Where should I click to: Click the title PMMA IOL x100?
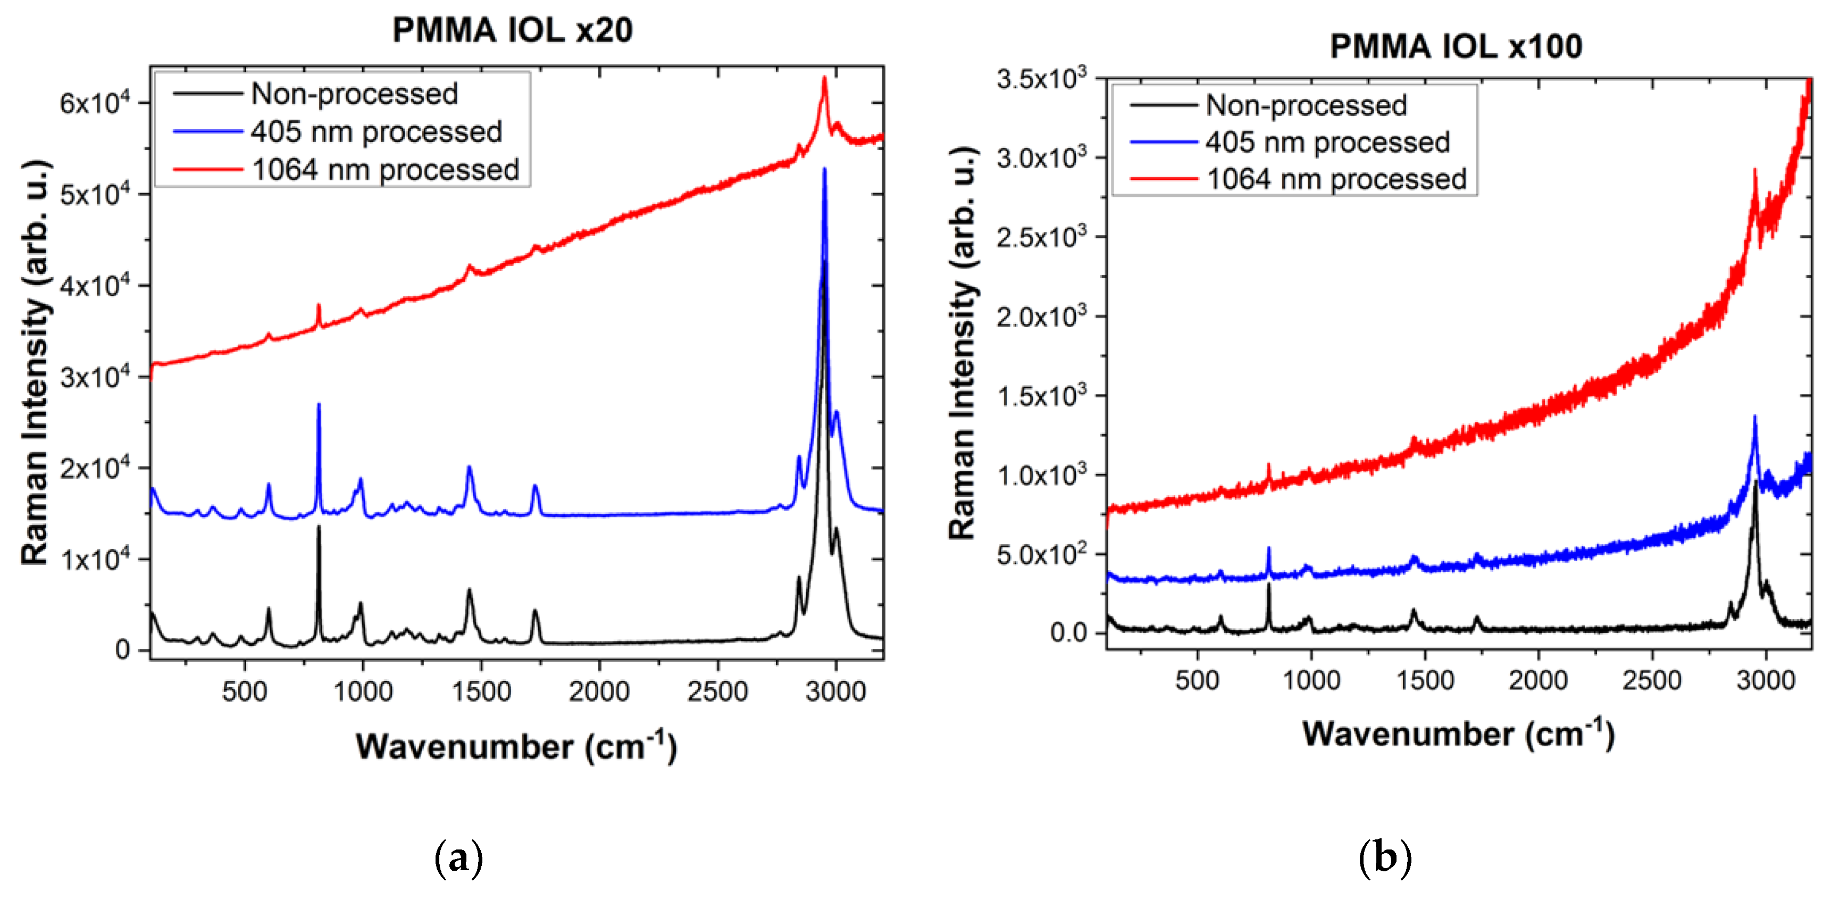coord(1456,47)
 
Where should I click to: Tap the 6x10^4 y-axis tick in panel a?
coord(95,103)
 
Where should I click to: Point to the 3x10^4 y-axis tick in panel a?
coord(95,377)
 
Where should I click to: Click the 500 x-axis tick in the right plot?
coord(1197,680)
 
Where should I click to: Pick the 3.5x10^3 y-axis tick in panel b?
coord(1041,78)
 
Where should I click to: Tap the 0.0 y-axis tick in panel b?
coord(1068,632)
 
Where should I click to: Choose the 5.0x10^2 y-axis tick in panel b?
coord(1041,554)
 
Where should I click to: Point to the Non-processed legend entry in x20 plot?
coord(354,94)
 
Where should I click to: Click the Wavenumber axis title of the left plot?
coord(516,746)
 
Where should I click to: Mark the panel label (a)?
coord(458,858)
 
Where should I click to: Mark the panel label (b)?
coord(1385,858)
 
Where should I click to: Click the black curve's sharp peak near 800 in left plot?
coord(319,528)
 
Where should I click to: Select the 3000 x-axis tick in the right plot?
coord(1765,680)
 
